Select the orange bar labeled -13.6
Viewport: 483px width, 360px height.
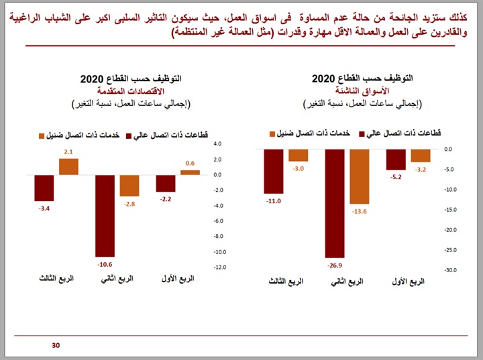click(x=360, y=176)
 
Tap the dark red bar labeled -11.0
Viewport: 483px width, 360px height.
click(x=273, y=172)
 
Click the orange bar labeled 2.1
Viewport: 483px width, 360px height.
click(x=68, y=167)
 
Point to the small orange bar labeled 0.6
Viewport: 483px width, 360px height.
click(x=190, y=172)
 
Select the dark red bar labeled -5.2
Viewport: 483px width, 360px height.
click(x=396, y=160)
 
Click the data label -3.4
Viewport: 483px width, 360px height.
click(x=44, y=210)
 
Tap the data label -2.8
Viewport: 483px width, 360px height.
click(x=129, y=204)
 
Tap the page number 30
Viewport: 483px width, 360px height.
click(x=56, y=346)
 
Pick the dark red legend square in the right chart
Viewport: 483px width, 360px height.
click(x=362, y=134)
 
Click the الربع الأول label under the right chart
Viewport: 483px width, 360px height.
click(x=407, y=282)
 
